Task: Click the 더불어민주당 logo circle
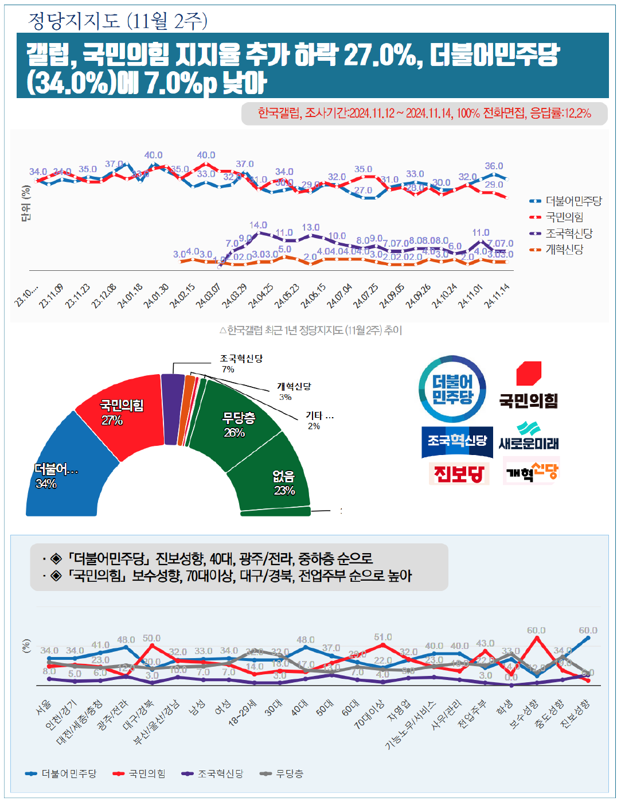coord(452,389)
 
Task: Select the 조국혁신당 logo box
coord(457,441)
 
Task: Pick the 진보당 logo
coord(459,473)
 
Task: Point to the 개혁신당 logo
coord(532,471)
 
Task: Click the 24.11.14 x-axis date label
coord(497,296)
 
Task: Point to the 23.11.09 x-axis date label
coord(51,296)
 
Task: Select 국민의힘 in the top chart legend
coord(564,217)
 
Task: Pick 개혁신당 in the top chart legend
coord(564,250)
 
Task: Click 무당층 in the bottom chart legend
coord(289,774)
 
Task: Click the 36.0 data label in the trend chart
coord(494,166)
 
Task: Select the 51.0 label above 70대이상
coord(383,637)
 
